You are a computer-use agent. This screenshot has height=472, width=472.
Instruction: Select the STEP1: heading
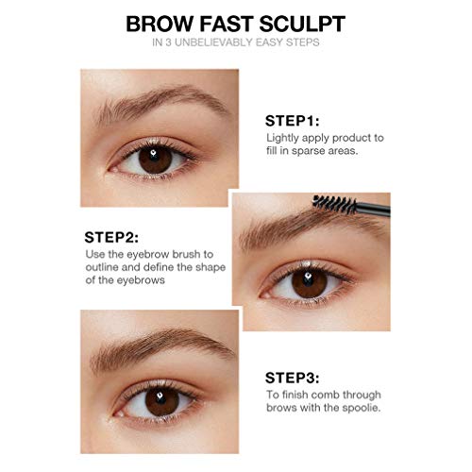(x=293, y=121)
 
